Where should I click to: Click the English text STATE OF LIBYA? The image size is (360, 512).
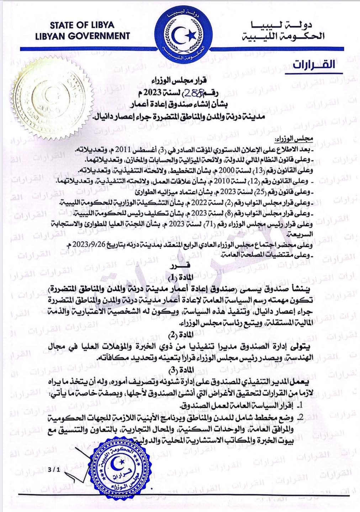coord(82,25)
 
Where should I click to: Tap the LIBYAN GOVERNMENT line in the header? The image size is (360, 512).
coord(83,36)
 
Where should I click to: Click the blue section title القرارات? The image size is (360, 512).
coord(314,64)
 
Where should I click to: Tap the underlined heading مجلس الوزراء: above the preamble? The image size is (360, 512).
coord(294,140)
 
